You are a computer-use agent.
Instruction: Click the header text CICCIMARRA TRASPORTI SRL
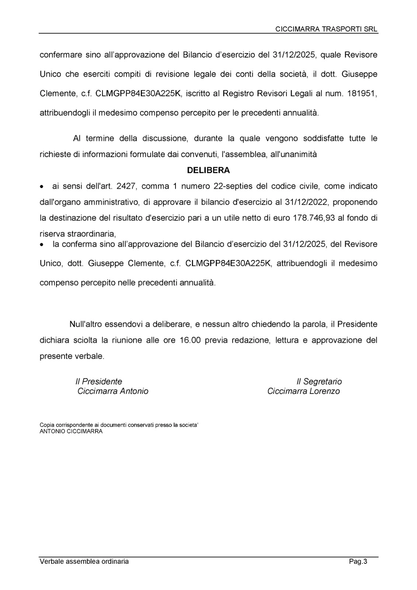pos(327,29)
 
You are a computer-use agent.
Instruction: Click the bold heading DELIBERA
pos(208,170)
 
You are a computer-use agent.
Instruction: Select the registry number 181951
pos(362,93)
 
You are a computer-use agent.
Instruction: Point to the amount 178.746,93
pos(313,218)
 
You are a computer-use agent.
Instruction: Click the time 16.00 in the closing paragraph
pos(190,340)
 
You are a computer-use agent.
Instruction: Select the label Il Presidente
pos(99,381)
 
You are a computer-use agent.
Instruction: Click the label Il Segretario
pos(319,381)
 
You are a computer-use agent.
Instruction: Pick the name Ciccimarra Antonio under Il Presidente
pos(113,391)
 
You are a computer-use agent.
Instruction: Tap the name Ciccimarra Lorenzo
pos(304,391)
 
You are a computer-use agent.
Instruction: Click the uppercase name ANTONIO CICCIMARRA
pos(71,431)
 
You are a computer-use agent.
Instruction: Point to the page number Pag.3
pos(358,562)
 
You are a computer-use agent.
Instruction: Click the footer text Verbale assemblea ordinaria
pos(84,562)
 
